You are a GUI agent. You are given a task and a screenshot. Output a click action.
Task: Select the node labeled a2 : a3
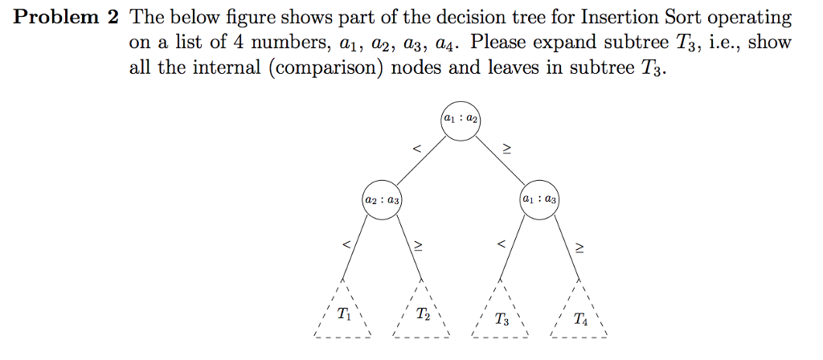pos(382,199)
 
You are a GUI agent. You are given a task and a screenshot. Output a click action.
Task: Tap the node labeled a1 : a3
pos(539,199)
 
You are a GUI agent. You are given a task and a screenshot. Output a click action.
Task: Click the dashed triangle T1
pos(343,314)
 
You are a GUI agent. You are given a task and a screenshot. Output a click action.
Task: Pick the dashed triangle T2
pos(422,315)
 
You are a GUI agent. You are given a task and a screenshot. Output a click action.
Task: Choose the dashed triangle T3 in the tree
pos(501,316)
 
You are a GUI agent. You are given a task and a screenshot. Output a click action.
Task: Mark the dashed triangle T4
pos(579,316)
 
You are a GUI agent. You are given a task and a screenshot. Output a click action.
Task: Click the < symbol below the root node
pos(416,149)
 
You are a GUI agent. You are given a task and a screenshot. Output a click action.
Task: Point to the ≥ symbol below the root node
pos(506,149)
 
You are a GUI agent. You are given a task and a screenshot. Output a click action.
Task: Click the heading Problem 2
pos(63,18)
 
